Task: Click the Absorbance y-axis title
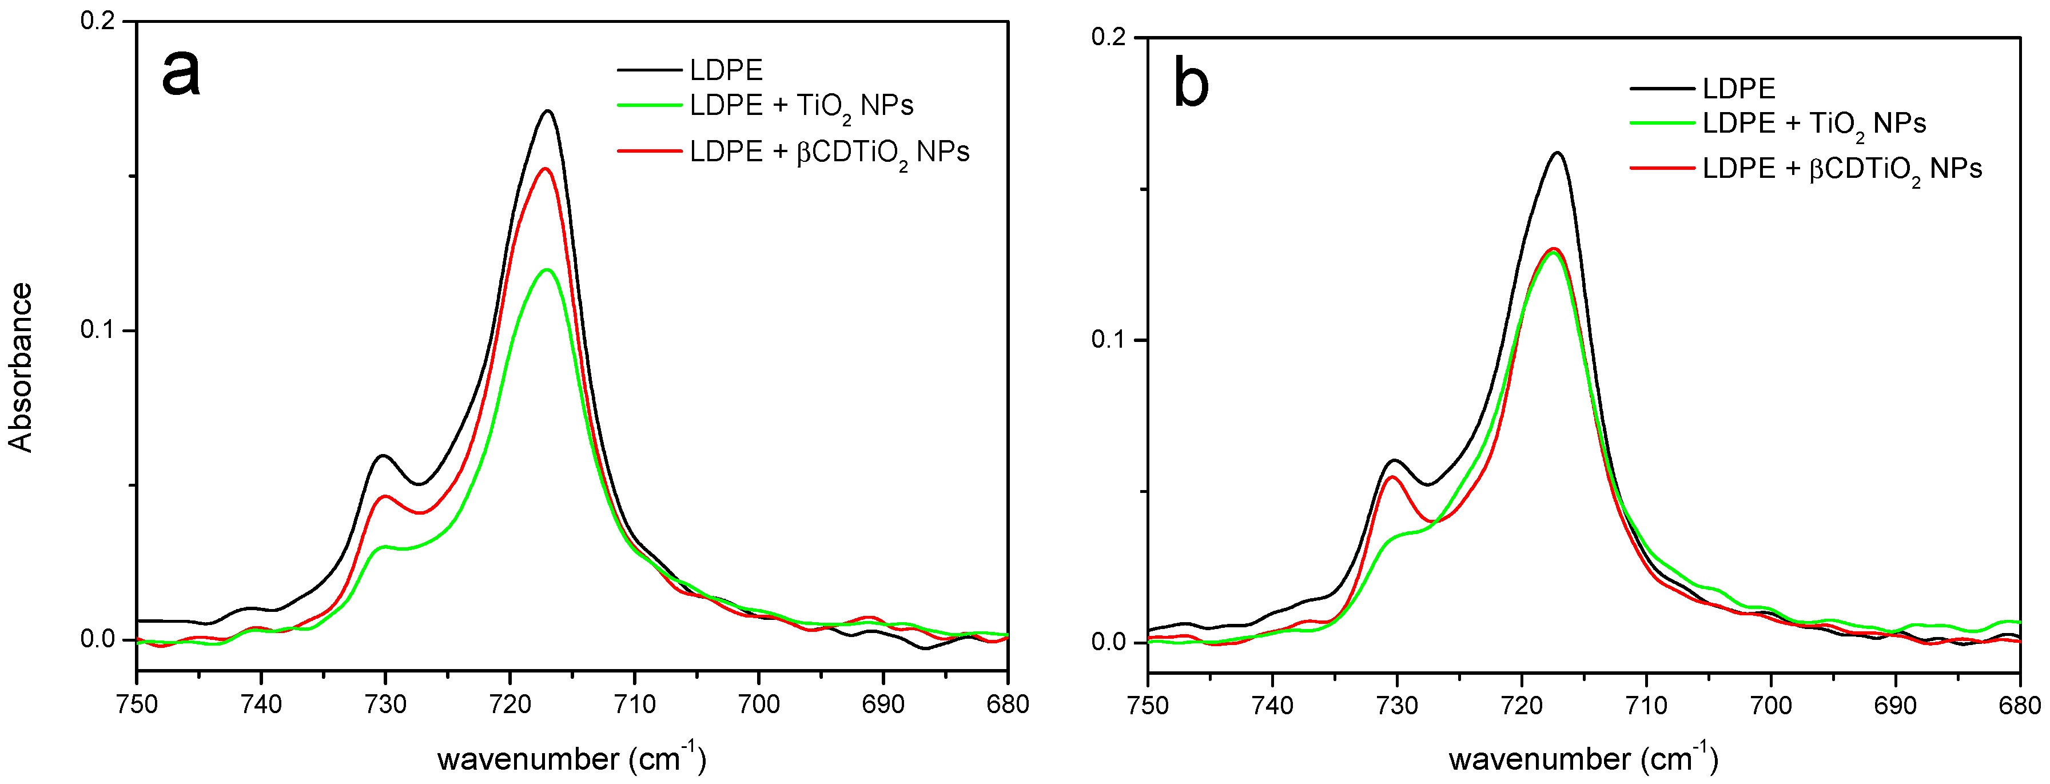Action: click(x=21, y=367)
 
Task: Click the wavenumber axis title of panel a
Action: click(x=571, y=758)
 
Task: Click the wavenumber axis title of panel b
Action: click(x=1583, y=758)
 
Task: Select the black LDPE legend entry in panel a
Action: click(x=725, y=70)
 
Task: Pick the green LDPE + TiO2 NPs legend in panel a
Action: click(x=800, y=106)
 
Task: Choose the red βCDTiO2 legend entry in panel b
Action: click(x=1841, y=169)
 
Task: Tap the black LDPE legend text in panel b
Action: click(x=1739, y=88)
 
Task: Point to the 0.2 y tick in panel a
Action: click(x=98, y=21)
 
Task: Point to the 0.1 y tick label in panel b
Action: click(x=1109, y=340)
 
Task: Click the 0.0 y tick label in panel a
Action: click(x=98, y=639)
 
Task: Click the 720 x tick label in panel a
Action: click(x=510, y=705)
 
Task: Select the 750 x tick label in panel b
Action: click(x=1148, y=706)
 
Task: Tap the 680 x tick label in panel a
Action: click(x=1008, y=705)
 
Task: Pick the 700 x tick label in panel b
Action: click(x=1772, y=706)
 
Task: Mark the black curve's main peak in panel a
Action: click(x=547, y=112)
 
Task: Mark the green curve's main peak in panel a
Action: click(x=547, y=270)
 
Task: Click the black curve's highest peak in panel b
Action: click(x=1558, y=153)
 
